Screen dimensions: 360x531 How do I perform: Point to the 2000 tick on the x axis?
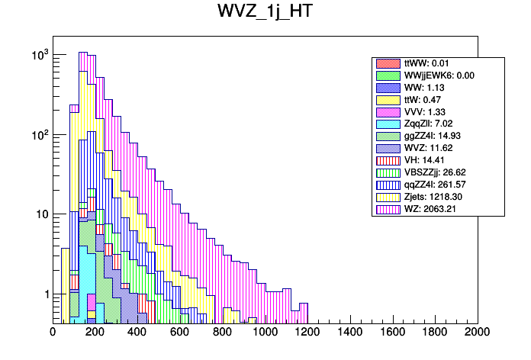click(x=478, y=333)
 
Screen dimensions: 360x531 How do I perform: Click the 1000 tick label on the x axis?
click(x=265, y=333)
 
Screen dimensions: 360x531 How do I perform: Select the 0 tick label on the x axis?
click(x=53, y=333)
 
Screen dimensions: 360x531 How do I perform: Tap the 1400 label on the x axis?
click(x=350, y=333)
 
